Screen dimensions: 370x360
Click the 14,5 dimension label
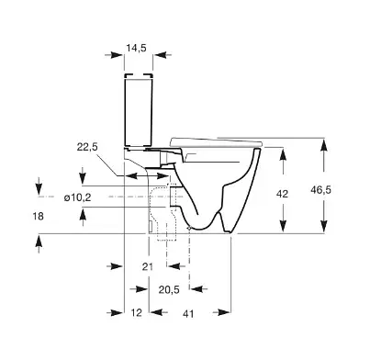137,48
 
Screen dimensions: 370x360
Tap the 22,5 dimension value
87,147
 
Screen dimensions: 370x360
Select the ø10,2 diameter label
78,197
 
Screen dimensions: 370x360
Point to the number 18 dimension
39,217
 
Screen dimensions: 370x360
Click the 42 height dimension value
282,194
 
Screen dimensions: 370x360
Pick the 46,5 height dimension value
321,190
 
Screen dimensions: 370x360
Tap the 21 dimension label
148,266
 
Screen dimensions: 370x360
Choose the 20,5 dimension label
169,289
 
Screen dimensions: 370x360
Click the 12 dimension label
137,312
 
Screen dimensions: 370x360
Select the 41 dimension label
188,314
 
